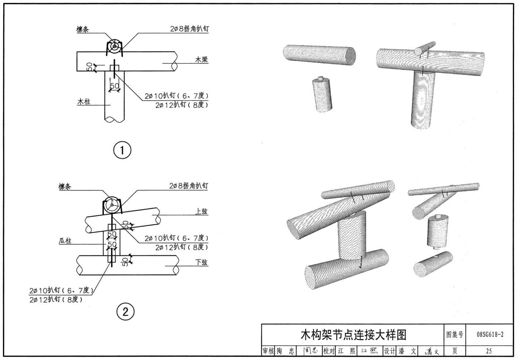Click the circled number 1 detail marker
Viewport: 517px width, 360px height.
coord(123,150)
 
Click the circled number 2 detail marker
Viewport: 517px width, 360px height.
coord(125,312)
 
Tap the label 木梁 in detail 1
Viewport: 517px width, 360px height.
coord(201,59)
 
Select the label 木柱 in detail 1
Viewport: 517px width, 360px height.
coord(84,102)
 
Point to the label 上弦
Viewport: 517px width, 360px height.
coord(201,211)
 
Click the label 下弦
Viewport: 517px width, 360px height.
coord(201,262)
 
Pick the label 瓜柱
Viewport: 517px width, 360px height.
coord(65,241)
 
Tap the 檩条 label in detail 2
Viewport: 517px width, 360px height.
coord(65,187)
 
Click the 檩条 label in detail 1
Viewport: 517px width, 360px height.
coord(83,29)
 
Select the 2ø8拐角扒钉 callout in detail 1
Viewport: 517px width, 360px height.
coord(190,29)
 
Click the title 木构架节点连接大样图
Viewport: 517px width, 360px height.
coord(353,334)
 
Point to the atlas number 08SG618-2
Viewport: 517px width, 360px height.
coord(490,334)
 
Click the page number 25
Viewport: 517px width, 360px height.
coord(489,351)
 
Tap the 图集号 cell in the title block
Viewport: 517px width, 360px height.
coord(455,334)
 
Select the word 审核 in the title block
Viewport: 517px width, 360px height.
coord(268,351)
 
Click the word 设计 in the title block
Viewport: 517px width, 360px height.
coord(390,351)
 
